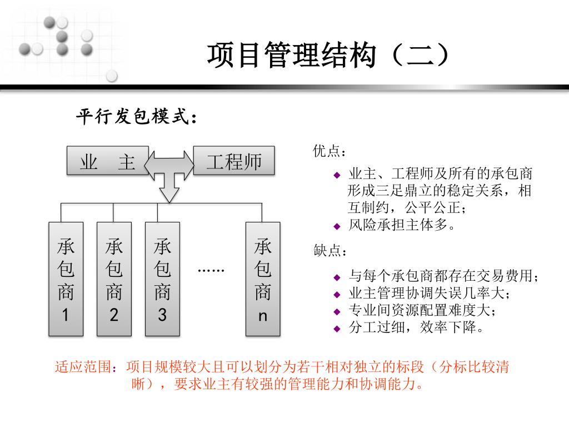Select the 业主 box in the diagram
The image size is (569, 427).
[x=108, y=162]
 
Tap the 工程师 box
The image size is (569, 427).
[x=233, y=162]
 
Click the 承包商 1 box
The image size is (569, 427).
[x=66, y=279]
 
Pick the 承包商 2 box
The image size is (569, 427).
[x=114, y=279]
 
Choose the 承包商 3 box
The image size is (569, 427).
[x=162, y=279]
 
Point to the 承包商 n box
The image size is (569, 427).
[x=263, y=279]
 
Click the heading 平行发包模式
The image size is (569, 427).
[x=136, y=117]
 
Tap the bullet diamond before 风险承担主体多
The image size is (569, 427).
[x=336, y=226]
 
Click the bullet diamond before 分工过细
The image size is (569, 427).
[x=336, y=329]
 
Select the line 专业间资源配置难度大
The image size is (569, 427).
[x=422, y=310]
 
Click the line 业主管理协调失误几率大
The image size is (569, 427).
[x=428, y=293]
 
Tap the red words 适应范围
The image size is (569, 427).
[x=86, y=368]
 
